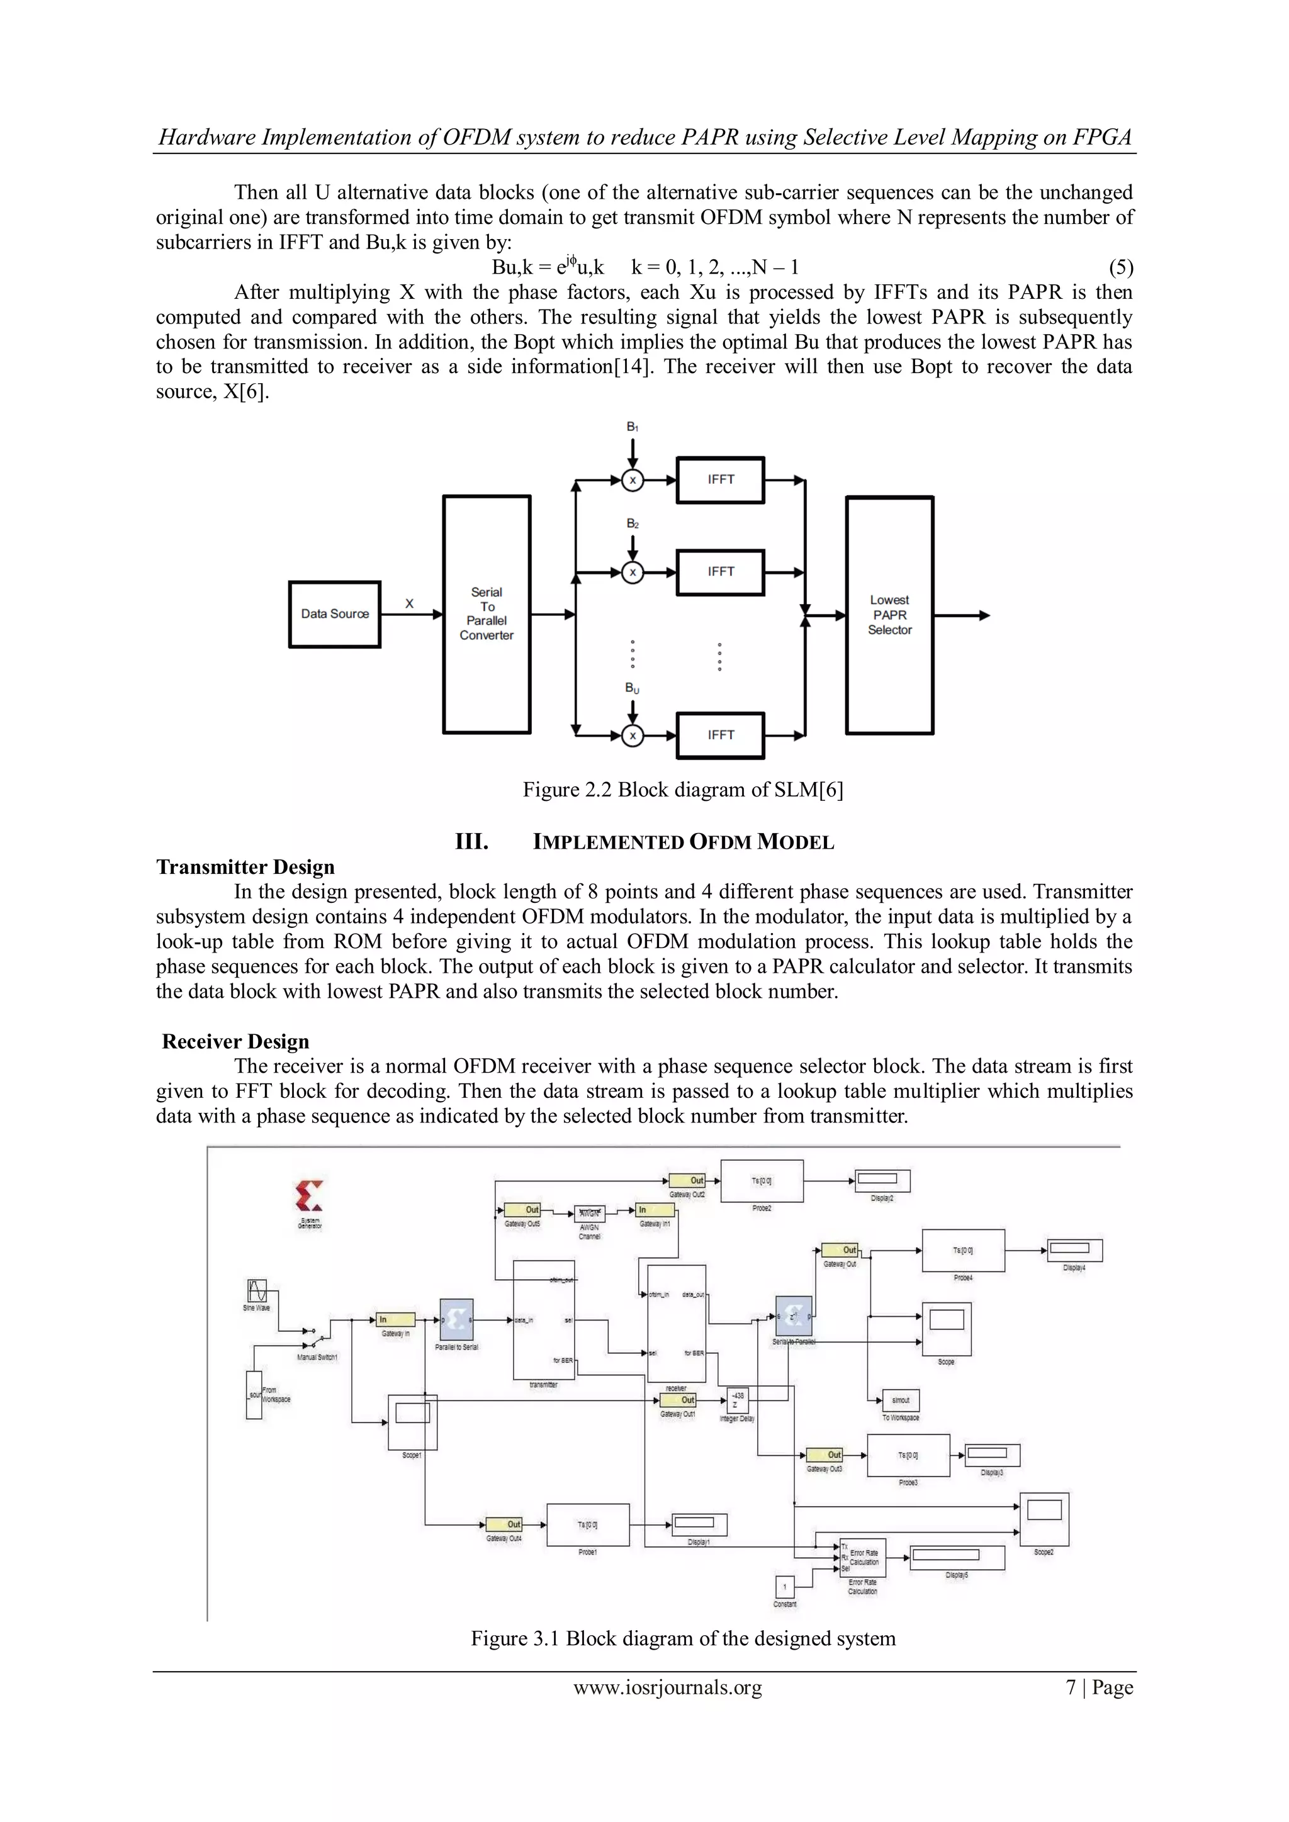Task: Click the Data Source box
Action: pos(334,614)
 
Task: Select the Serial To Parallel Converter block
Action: pos(487,614)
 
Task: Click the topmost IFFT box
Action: pos(720,479)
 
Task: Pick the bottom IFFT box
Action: pos(720,735)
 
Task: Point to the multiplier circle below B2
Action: pos(633,572)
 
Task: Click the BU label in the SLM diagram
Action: pos(632,688)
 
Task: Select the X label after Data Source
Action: pos(410,604)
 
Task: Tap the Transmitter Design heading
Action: pos(245,866)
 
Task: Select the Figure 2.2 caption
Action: pos(683,790)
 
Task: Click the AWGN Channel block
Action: pos(590,1214)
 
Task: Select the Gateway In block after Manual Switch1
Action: pos(395,1320)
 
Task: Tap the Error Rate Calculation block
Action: pos(863,1557)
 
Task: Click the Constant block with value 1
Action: pos(784,1587)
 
